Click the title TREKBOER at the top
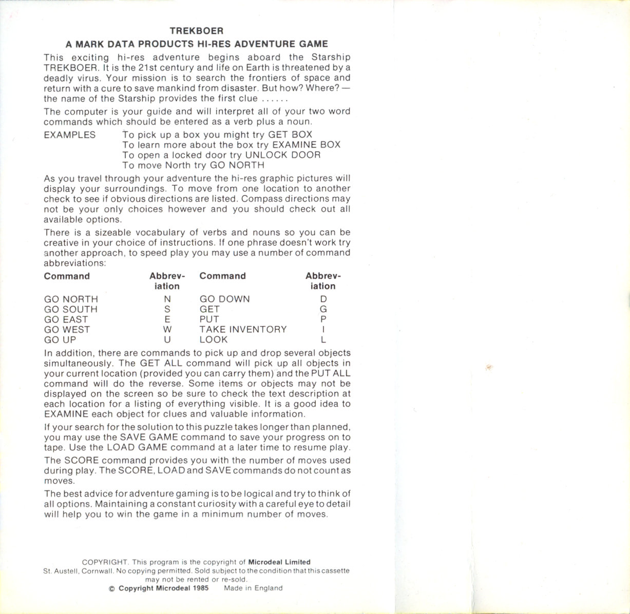197,31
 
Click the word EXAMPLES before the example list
69,135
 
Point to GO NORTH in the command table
71,299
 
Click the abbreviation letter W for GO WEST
167,330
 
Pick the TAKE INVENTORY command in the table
243,329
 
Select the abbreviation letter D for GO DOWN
323,299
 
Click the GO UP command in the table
60,340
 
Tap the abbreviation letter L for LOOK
323,340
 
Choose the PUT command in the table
209,319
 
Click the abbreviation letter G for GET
323,309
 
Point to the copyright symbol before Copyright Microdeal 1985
112,588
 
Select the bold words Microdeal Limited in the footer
279,562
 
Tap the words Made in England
253,588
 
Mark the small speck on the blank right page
489,367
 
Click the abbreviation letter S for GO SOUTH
167,309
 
